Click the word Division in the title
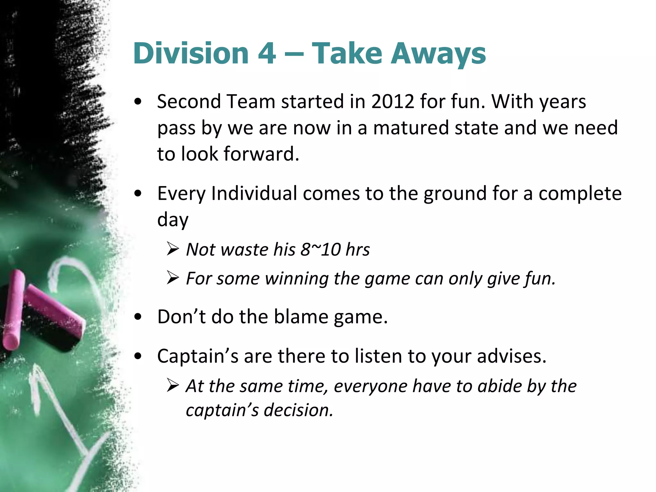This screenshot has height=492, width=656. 191,53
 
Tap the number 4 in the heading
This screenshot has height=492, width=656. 267,53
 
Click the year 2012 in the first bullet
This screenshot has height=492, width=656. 393,102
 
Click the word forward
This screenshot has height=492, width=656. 261,154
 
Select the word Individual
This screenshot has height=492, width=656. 254,193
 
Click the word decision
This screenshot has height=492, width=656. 299,410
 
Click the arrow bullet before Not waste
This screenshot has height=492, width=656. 173,249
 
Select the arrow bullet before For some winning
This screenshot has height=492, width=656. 173,278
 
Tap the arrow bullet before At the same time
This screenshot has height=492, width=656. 173,386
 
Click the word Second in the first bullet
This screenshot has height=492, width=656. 189,102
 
